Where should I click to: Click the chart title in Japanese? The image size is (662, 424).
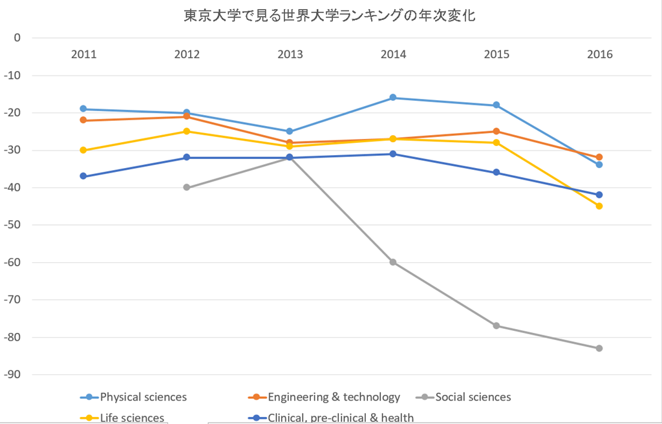tap(330, 15)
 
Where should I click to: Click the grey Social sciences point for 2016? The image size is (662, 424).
tap(599, 348)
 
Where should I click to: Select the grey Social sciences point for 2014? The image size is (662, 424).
tap(393, 262)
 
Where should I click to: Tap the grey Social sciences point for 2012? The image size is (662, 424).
tap(187, 187)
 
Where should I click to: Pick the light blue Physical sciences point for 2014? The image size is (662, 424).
tap(393, 98)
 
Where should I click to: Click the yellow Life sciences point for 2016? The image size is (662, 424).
tap(599, 206)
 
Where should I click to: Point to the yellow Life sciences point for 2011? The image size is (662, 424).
tap(83, 150)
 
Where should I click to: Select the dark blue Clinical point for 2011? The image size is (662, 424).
tap(83, 176)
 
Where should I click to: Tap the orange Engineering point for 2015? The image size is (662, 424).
tap(496, 131)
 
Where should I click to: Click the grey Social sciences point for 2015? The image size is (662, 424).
tap(496, 326)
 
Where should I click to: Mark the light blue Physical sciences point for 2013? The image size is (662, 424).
tap(290, 131)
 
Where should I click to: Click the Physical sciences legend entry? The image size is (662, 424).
tap(143, 397)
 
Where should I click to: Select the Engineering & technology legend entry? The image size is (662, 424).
tap(334, 397)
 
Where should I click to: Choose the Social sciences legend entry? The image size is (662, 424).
tap(473, 397)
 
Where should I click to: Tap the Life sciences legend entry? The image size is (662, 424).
tap(132, 418)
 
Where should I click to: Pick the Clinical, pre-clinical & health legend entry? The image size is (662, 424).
tap(340, 418)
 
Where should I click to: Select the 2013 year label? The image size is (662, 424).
tap(290, 54)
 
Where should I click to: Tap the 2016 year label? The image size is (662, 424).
tap(599, 54)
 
